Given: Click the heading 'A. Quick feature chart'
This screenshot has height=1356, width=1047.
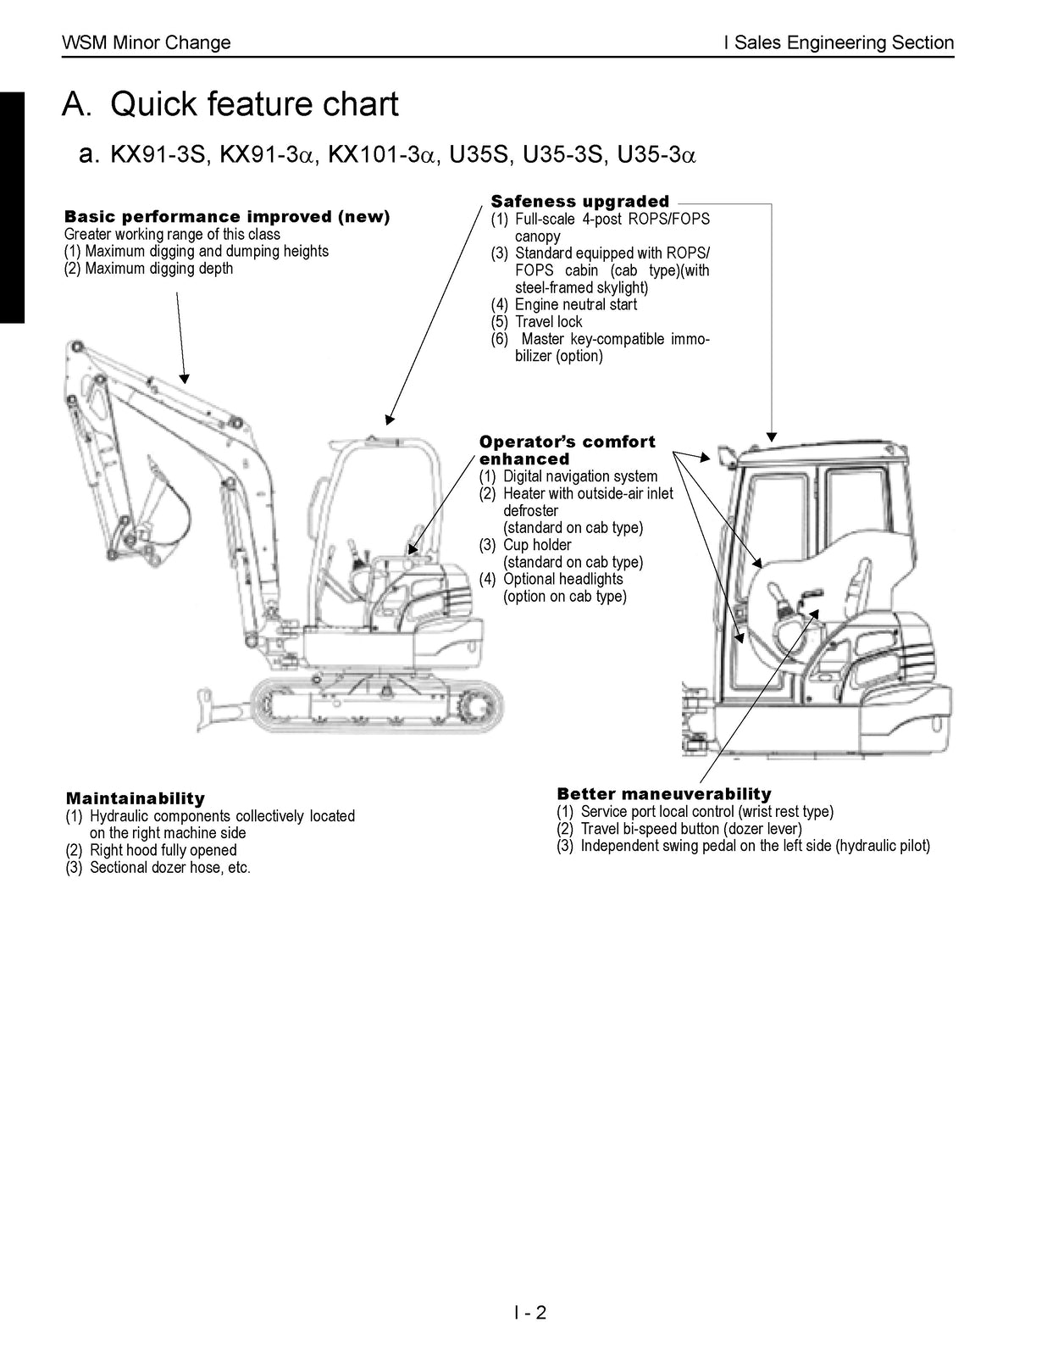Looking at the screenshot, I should (230, 104).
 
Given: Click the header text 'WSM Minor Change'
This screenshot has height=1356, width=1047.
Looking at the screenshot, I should (147, 42).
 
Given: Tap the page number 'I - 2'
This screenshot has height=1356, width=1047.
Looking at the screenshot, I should (530, 1313).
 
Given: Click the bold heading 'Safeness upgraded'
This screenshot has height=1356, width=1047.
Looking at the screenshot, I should (579, 202).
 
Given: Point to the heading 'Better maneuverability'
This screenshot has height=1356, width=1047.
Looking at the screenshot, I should (663, 794).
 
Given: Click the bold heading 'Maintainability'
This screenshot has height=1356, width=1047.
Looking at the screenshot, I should (136, 798).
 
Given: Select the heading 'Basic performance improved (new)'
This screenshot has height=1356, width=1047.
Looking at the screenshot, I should (227, 217).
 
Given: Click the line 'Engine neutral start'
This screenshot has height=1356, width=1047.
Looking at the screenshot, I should (575, 304).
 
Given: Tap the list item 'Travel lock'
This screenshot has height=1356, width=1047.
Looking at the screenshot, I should (548, 321).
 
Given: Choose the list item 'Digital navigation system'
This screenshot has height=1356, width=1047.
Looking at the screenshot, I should (579, 476).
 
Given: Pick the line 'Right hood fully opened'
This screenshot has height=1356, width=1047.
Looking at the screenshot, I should (163, 850).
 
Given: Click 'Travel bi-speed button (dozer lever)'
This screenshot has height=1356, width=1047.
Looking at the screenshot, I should (690, 829).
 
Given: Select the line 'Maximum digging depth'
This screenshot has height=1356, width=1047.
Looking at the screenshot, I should (158, 269).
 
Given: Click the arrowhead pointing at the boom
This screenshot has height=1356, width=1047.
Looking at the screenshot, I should (185, 379).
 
